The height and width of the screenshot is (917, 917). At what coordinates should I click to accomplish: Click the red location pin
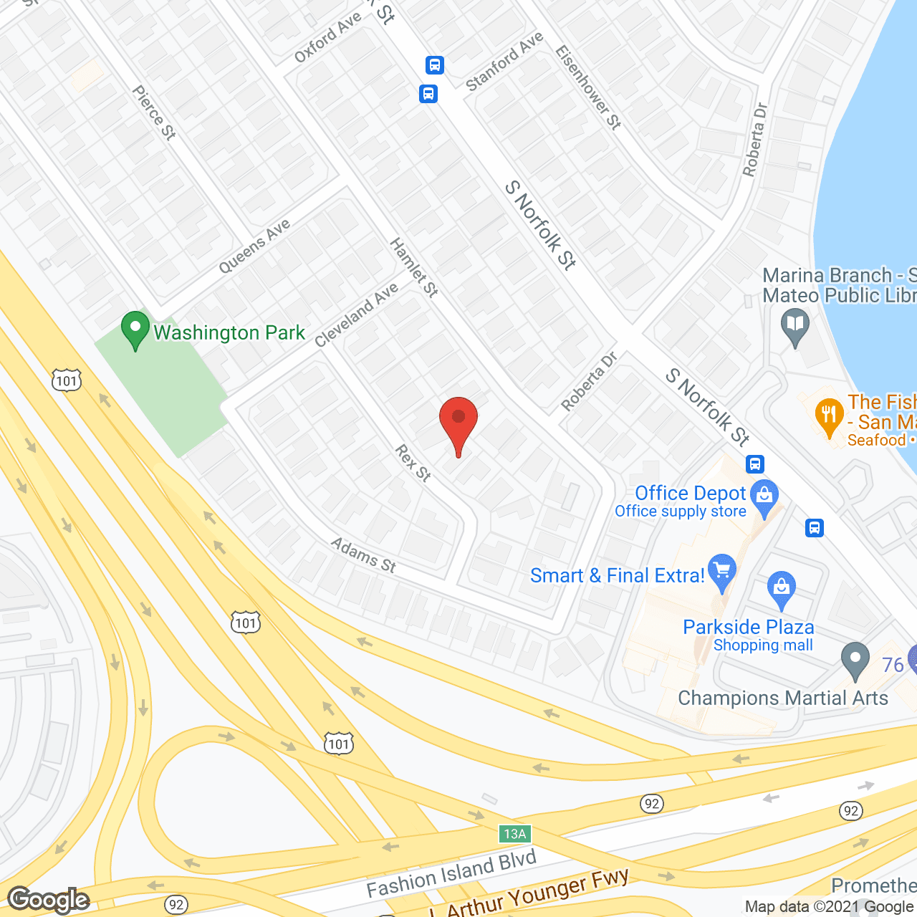pos(458,421)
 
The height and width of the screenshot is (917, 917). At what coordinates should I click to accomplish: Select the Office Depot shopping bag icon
pos(764,496)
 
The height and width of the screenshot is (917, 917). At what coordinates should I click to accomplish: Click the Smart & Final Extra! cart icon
pos(721,571)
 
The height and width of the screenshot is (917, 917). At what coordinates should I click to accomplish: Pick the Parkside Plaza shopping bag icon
pos(781,589)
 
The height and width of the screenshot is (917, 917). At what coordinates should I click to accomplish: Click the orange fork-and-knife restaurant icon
pos(830,416)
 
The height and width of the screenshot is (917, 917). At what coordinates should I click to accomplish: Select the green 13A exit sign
pos(515,833)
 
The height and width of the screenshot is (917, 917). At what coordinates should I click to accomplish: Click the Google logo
pos(49,900)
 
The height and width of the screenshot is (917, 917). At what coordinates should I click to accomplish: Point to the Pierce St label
pos(154,112)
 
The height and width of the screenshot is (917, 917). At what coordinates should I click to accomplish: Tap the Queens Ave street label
pos(254,246)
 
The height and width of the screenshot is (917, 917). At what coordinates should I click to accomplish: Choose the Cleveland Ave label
pos(356,315)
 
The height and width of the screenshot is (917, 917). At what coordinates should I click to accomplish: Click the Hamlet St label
pos(413,267)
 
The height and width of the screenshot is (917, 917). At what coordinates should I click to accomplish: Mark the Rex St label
pos(413,463)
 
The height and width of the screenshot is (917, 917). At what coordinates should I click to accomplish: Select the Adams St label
pos(363,555)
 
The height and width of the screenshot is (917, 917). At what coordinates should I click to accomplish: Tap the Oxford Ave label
pos(328,38)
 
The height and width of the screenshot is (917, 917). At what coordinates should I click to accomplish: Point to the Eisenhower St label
pos(588,87)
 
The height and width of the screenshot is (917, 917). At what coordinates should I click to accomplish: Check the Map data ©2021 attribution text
pos(830,907)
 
